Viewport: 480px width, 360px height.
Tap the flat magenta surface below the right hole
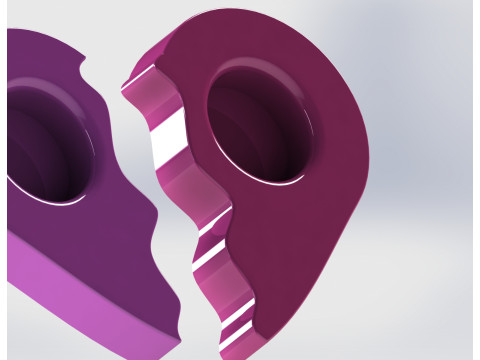click(290, 240)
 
